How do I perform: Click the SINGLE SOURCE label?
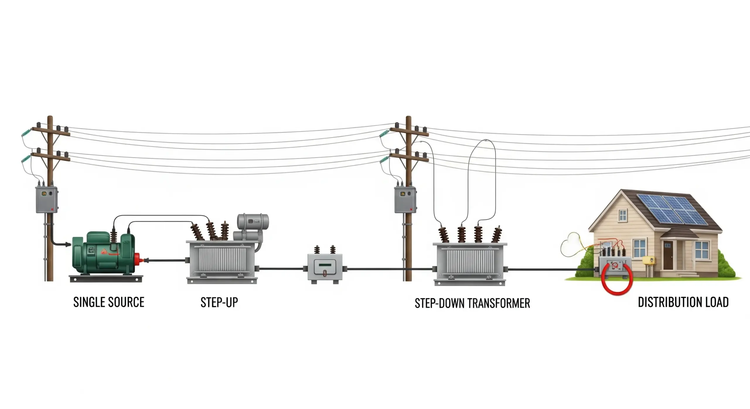[109, 302]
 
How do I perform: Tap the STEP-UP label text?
[219, 302]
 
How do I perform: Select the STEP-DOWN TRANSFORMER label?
[472, 303]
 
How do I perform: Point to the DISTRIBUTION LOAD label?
[683, 302]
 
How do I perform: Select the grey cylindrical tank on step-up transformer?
[253, 221]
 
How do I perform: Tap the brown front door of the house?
[668, 255]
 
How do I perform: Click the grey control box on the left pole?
[47, 200]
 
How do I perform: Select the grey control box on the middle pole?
[405, 200]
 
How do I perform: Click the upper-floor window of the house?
[623, 216]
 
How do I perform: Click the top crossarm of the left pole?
[51, 131]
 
